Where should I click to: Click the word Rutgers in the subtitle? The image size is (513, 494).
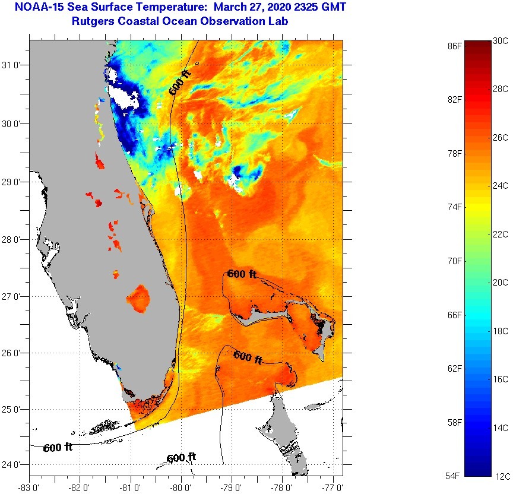click(93, 21)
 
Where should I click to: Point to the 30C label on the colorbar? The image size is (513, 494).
click(501, 41)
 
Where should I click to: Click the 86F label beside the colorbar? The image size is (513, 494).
click(455, 45)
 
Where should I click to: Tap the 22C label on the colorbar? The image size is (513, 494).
click(501, 235)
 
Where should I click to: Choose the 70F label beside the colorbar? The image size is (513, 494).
click(455, 261)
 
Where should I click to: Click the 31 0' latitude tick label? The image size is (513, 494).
click(12, 66)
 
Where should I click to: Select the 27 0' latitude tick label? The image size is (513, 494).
click(12, 296)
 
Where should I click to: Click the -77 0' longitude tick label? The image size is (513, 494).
click(335, 487)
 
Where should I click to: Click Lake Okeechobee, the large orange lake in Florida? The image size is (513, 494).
click(140, 299)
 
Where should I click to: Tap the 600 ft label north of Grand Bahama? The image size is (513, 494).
click(242, 274)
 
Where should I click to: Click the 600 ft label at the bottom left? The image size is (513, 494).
click(58, 448)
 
